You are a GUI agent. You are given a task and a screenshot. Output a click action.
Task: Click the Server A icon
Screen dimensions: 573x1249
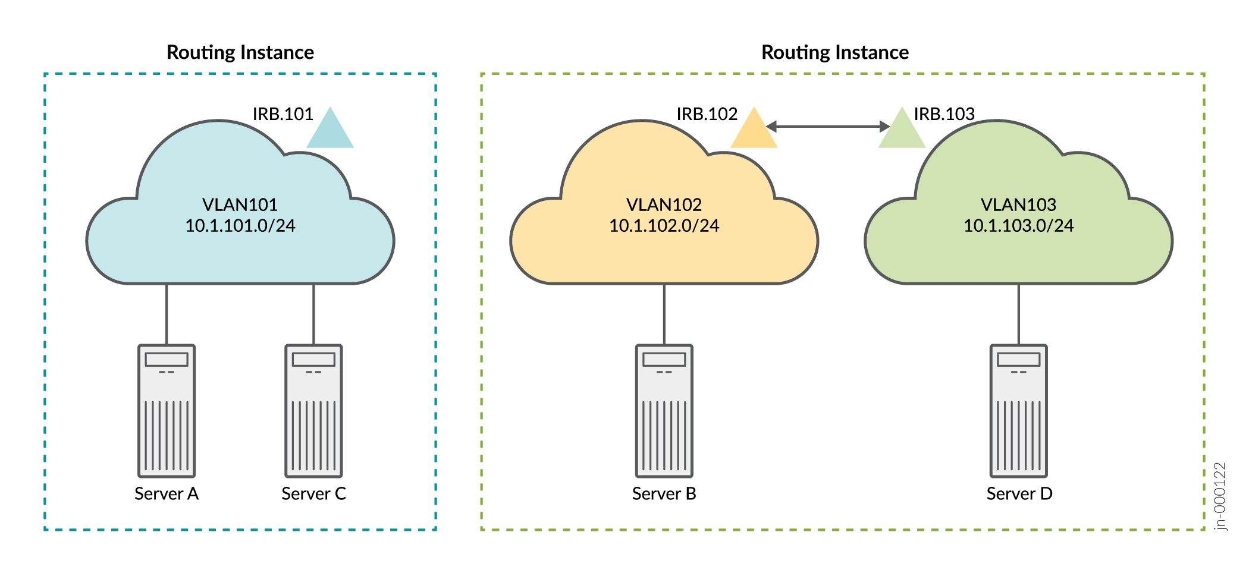[x=167, y=411]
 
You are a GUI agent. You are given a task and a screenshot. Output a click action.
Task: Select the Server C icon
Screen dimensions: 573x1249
[x=313, y=411]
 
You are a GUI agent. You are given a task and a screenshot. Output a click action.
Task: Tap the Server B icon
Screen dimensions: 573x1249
[x=664, y=411]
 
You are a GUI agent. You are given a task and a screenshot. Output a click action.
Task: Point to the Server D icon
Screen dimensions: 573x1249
[x=1019, y=411]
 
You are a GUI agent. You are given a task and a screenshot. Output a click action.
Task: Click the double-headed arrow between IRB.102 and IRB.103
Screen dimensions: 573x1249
[x=828, y=126]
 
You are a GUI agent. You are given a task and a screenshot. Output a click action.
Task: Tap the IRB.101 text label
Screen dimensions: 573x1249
[x=283, y=114]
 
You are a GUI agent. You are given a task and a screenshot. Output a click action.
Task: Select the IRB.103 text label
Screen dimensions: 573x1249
[x=944, y=114]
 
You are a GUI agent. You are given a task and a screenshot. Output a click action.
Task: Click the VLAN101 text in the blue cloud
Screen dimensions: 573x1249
[x=240, y=204]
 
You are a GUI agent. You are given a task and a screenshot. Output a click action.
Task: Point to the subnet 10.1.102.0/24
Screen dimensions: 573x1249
[x=664, y=226]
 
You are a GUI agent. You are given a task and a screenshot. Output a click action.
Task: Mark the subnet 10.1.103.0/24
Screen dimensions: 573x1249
[x=1018, y=226]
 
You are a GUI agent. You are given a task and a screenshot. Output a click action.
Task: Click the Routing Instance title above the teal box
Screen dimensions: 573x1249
[x=240, y=52]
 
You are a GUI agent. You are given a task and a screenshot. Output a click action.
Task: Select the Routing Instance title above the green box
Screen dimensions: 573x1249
[x=835, y=52]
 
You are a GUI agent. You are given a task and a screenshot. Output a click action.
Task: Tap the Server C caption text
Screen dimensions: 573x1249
[x=313, y=494]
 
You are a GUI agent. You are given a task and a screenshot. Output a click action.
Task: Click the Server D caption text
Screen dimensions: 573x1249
[x=1019, y=494]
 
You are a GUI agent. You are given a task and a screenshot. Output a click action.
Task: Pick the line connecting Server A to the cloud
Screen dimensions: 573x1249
[x=167, y=314]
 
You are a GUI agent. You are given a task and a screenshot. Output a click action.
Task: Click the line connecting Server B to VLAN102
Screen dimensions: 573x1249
[x=664, y=314]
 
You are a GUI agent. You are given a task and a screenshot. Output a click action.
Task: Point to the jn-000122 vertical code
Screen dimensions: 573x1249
[x=1220, y=496]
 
